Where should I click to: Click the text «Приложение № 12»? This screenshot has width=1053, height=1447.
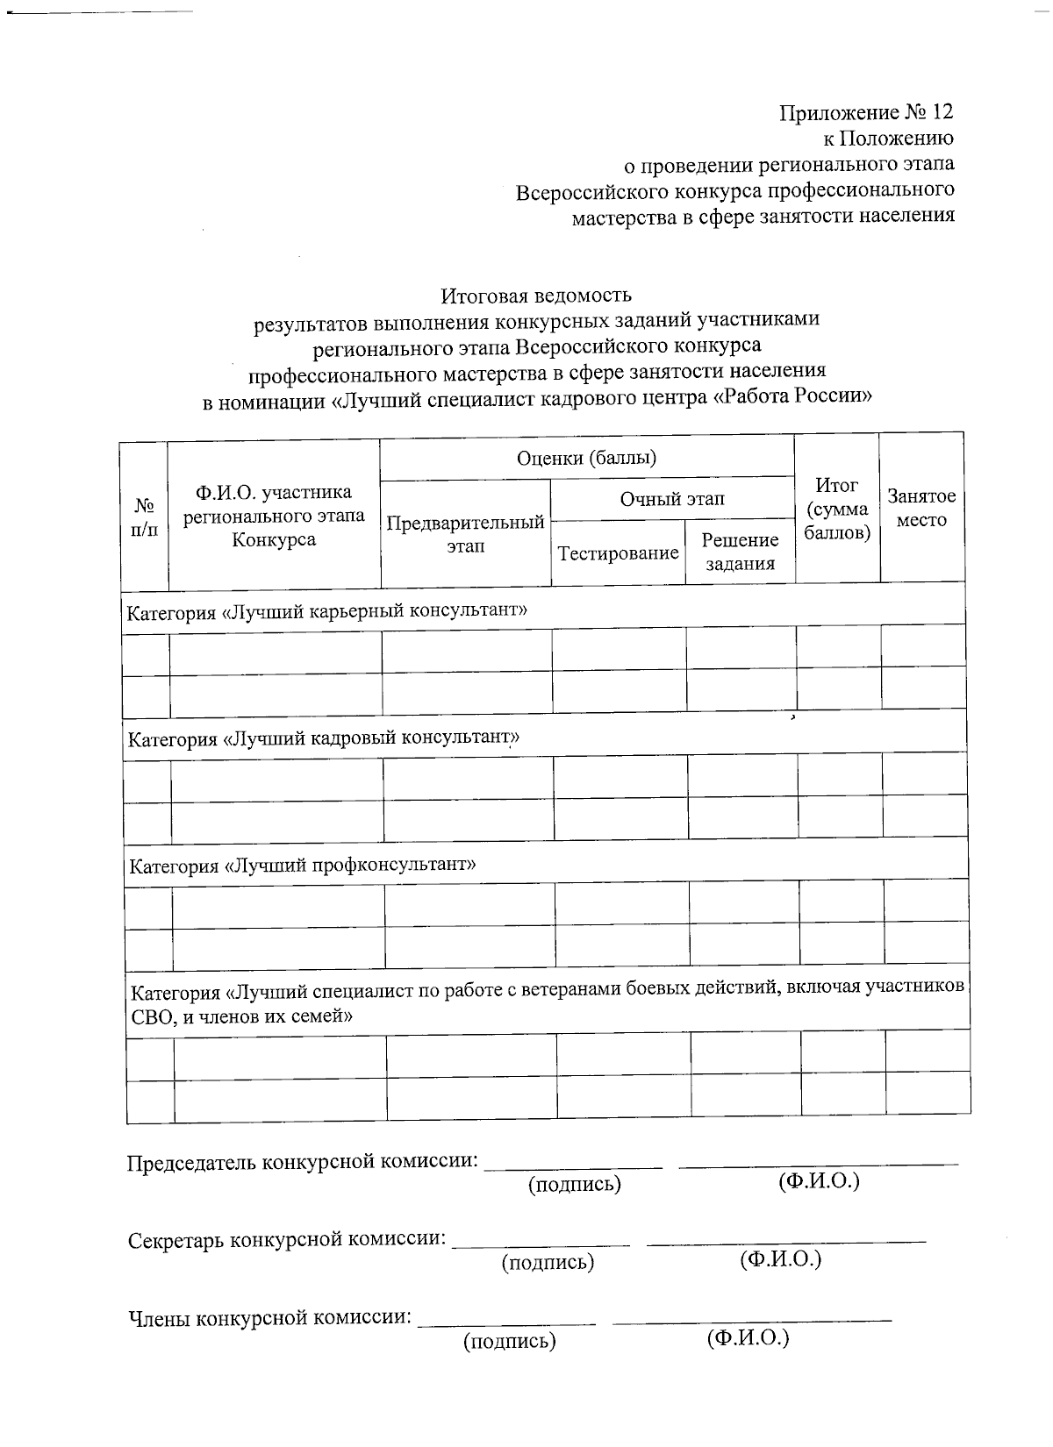click(x=865, y=112)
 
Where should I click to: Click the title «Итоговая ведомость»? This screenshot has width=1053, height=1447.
click(x=535, y=295)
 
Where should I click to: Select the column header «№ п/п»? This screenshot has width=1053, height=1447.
click(x=144, y=517)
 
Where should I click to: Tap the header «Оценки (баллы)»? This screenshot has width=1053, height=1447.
click(x=586, y=458)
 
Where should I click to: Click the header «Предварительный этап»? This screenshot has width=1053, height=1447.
click(x=466, y=534)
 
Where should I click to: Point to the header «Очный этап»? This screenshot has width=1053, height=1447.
click(x=672, y=499)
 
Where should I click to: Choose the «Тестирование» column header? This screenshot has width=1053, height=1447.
click(x=618, y=553)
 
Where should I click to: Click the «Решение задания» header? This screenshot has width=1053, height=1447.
click(x=740, y=552)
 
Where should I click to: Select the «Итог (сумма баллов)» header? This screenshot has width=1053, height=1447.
click(x=836, y=509)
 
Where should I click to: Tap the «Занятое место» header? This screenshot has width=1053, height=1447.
click(x=921, y=508)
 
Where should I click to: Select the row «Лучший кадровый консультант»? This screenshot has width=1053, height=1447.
click(x=324, y=738)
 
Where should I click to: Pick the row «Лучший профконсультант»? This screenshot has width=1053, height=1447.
click(x=303, y=866)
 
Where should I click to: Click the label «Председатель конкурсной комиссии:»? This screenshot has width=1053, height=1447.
click(x=304, y=1162)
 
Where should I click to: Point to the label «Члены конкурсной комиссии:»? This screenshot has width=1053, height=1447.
click(x=270, y=1317)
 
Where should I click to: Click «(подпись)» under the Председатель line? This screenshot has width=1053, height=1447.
click(x=574, y=1185)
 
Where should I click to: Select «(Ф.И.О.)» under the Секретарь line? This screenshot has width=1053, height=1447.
click(x=780, y=1260)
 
